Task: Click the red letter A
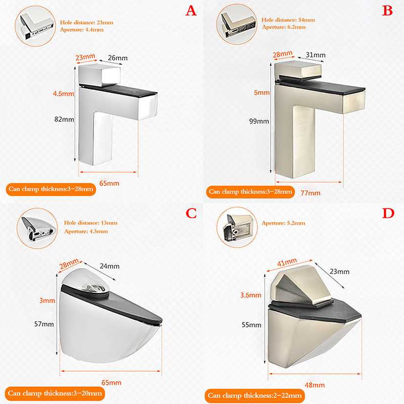tap(191, 11)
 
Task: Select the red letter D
tap(388, 213)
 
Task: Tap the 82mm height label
tap(64, 119)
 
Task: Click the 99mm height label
tap(259, 121)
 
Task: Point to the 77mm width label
tap(311, 193)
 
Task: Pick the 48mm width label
tap(315, 385)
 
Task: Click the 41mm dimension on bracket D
tap(287, 263)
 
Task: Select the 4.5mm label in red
tap(64, 93)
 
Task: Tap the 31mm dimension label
tap(316, 55)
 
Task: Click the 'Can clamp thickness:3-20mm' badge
tap(55, 393)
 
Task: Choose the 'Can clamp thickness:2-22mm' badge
tap(255, 395)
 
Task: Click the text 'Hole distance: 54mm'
tap(288, 20)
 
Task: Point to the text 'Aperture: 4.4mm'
tap(82, 30)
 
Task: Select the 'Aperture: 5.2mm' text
tap(283, 223)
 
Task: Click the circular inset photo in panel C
tap(37, 229)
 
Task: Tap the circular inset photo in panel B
tap(237, 24)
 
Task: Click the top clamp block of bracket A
tap(99, 75)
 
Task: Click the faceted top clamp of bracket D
tap(300, 285)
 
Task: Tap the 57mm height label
tap(44, 324)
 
